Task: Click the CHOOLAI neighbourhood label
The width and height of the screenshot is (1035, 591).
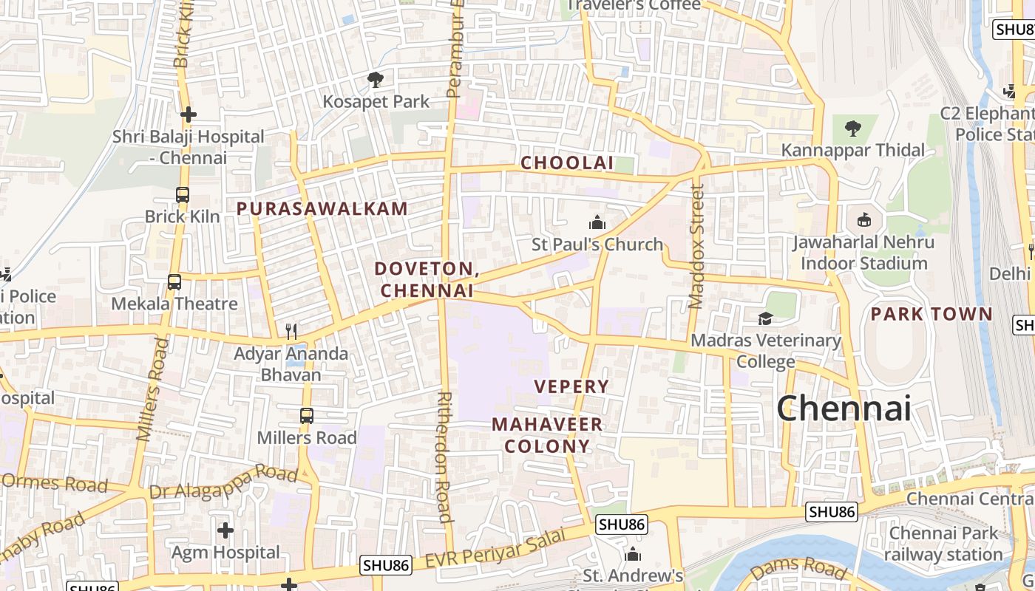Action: click(x=567, y=163)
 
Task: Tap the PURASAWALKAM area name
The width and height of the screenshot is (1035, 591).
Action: click(x=322, y=209)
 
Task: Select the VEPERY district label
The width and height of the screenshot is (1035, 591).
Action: click(x=571, y=386)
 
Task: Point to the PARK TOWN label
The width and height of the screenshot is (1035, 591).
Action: click(x=931, y=314)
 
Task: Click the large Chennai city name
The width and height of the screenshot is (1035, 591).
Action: click(x=843, y=408)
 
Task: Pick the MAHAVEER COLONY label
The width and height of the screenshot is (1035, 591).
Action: click(x=547, y=435)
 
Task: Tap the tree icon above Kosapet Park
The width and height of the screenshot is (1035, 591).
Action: click(x=376, y=80)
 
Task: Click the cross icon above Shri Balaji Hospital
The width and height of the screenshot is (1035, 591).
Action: click(x=189, y=115)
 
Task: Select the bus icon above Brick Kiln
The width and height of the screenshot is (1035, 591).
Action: click(x=183, y=195)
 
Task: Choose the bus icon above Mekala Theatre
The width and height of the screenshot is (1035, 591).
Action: click(x=174, y=282)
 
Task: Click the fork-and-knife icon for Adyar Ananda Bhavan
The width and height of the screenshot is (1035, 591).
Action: click(x=291, y=332)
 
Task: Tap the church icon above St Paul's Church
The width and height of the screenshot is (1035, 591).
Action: click(x=597, y=222)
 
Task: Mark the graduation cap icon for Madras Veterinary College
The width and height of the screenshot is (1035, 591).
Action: click(x=765, y=318)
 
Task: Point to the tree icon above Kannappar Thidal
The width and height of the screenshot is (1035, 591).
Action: click(x=853, y=129)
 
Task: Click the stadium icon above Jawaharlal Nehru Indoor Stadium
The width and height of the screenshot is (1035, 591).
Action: click(x=863, y=220)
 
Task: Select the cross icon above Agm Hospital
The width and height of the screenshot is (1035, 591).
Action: click(x=225, y=530)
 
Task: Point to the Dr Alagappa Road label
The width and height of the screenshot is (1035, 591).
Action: click(x=223, y=483)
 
